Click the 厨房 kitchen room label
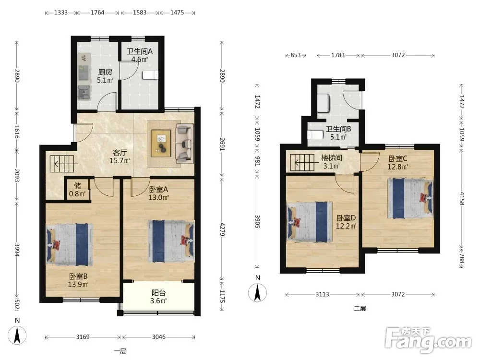click(x=105, y=72)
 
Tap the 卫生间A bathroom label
click(x=140, y=51)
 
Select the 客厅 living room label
click(x=120, y=153)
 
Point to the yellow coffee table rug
click(x=161, y=143)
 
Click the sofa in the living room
click(x=184, y=143)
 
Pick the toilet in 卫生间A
click(x=150, y=75)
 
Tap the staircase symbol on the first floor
click(x=62, y=164)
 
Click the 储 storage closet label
click(x=77, y=185)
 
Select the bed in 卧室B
click(x=70, y=244)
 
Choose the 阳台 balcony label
click(x=158, y=293)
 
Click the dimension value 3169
click(x=83, y=337)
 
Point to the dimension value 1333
click(x=60, y=12)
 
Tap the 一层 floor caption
click(x=120, y=351)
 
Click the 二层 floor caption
click(x=360, y=308)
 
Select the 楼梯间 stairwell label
click(x=332, y=158)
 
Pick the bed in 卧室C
click(x=410, y=198)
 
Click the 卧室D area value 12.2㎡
click(x=346, y=226)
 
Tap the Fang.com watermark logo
click(x=428, y=339)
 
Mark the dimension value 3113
click(x=323, y=295)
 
